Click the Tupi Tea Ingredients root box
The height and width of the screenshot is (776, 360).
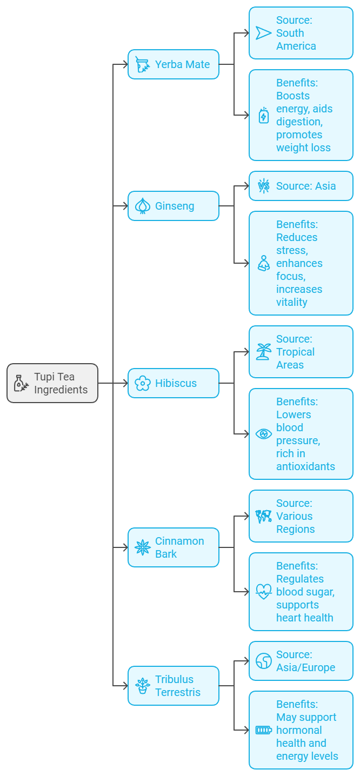[x=52, y=383]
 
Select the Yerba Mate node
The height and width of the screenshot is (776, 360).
[x=174, y=64]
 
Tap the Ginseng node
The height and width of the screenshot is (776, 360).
[x=174, y=206]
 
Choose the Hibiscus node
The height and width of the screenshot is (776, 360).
[x=174, y=383]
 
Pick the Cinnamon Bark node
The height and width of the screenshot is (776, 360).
[x=174, y=547]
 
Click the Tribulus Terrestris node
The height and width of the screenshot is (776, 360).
[x=174, y=686]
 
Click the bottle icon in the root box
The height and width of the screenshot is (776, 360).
[x=21, y=383]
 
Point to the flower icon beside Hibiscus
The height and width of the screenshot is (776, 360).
[x=143, y=383]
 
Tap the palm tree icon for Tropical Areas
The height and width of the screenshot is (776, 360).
[x=264, y=352]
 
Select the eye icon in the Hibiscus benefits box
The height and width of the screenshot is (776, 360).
[x=264, y=434]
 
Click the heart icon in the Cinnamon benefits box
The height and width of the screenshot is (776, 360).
[x=264, y=592]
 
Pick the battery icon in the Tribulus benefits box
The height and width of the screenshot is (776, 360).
[x=264, y=730]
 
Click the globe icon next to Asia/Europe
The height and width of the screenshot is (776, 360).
[x=264, y=661]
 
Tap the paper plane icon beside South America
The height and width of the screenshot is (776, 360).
[x=264, y=33]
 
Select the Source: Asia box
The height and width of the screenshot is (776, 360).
[x=301, y=186]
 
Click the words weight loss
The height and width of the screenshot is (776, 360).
[x=303, y=148]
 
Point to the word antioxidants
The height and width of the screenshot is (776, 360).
[x=305, y=466]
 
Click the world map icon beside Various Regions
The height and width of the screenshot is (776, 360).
[x=264, y=516]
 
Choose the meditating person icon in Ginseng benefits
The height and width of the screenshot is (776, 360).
[x=264, y=263]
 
